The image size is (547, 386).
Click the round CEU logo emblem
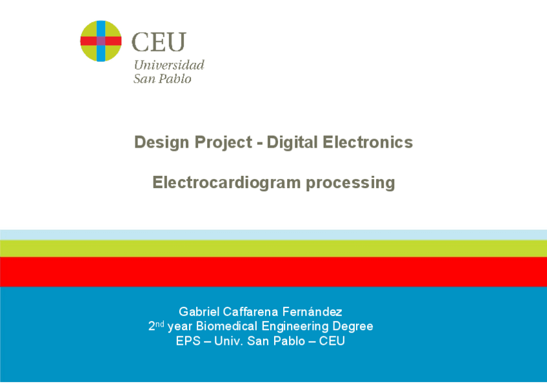[101, 41]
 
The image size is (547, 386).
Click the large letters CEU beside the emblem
[158, 42]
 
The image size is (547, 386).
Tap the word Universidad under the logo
[169, 64]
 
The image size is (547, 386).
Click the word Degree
[353, 327]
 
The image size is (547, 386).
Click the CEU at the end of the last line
[332, 341]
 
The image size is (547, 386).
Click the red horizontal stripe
[273, 271]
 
